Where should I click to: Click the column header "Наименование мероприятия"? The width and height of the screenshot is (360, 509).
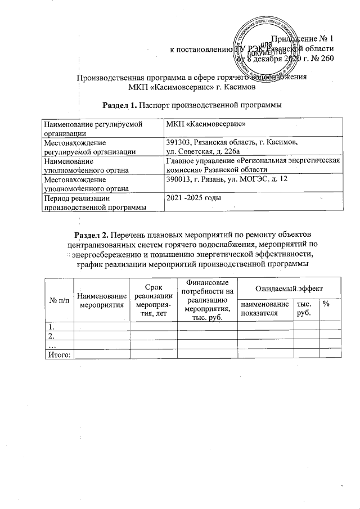click(101, 300)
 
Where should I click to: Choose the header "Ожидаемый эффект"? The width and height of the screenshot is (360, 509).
click(288, 287)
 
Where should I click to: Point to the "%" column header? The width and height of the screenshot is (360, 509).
click(325, 304)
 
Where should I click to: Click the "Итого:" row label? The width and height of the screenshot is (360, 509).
click(58, 354)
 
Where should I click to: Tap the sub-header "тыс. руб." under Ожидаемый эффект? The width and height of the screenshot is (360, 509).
click(304, 308)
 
